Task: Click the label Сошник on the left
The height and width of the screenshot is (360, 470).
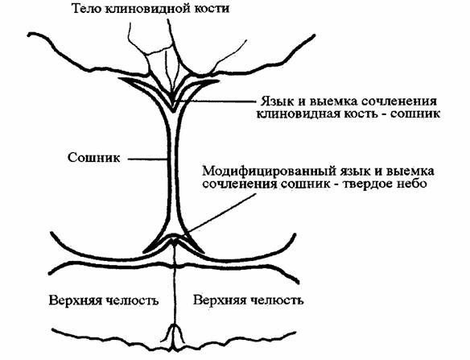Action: tap(94, 158)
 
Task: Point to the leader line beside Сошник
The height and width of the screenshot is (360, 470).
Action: tap(148, 159)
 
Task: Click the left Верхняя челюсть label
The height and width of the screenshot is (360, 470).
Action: tap(104, 300)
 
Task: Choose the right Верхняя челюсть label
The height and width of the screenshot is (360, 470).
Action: tap(248, 300)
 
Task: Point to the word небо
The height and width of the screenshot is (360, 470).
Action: tap(412, 184)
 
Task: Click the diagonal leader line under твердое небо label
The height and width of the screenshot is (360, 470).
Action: tap(221, 213)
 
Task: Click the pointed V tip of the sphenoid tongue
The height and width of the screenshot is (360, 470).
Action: tap(173, 112)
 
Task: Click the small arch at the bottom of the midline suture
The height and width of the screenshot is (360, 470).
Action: tap(173, 333)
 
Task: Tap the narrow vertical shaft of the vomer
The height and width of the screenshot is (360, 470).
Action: tap(173, 168)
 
